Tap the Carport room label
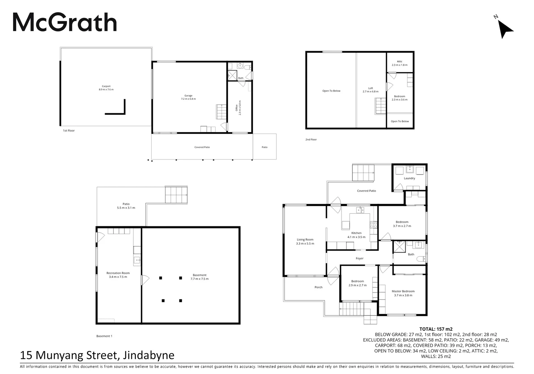(x=106, y=88)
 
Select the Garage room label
(x=188, y=97)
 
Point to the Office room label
(x=238, y=109)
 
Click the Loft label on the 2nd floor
(x=370, y=90)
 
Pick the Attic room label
(x=399, y=63)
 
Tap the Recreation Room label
(x=118, y=275)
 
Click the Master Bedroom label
(x=403, y=293)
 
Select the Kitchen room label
(x=356, y=235)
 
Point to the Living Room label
(x=305, y=241)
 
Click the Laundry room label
(x=409, y=178)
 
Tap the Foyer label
(x=360, y=258)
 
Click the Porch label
(x=319, y=287)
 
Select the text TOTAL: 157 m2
(x=436, y=329)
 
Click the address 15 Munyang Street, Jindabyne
(x=97, y=355)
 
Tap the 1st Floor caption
(x=68, y=131)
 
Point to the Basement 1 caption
(x=104, y=336)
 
